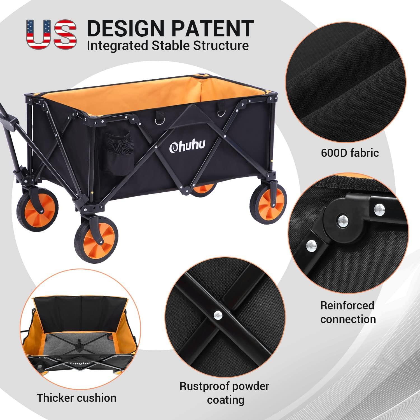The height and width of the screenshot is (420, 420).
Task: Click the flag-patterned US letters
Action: [x=51, y=34]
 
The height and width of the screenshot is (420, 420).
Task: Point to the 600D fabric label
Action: [x=350, y=153]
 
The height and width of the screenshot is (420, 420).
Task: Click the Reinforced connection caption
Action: [x=348, y=312]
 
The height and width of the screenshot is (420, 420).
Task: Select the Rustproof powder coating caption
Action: [x=224, y=393]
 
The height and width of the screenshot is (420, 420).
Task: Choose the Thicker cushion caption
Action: [x=77, y=398]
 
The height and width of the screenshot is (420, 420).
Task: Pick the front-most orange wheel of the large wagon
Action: [x=96, y=238]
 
